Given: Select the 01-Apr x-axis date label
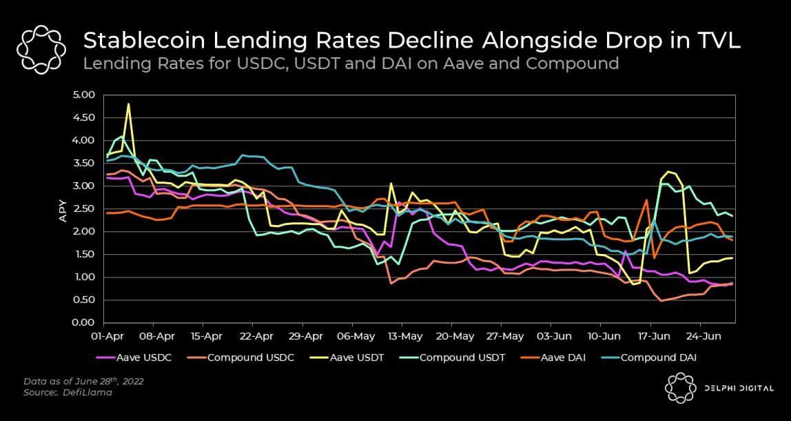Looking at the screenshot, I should [107, 337].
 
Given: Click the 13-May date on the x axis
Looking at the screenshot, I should [405, 337].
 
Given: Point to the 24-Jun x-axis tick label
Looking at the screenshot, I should [703, 337].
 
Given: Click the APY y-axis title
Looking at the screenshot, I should [63, 209].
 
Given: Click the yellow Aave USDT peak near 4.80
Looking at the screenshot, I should [129, 104].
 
